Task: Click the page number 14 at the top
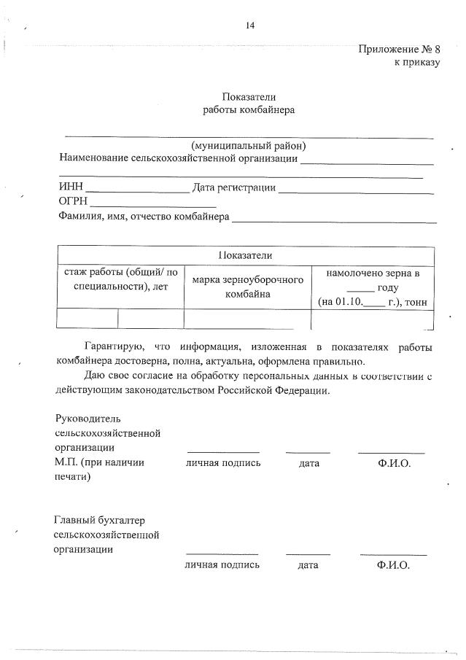coord(249,26)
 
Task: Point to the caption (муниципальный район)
coord(249,144)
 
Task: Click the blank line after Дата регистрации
coord(356,190)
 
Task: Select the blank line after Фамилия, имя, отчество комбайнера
coord(334,219)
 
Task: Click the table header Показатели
coord(245,255)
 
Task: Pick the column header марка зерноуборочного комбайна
coord(247,287)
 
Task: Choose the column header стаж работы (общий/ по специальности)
coord(120,279)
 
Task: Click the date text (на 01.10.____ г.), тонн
coord(372,301)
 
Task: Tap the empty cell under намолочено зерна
coord(372,319)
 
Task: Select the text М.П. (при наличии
coord(99,462)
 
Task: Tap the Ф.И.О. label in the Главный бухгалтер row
coord(393,565)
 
